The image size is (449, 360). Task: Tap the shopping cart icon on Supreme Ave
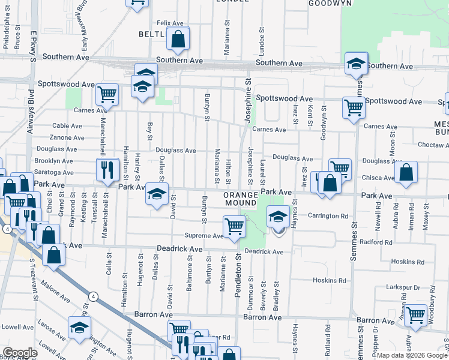click(234, 226)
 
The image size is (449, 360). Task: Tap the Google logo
click(20, 353)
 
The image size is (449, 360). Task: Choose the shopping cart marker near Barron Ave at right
click(415, 314)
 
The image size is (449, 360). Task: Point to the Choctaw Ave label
click(433, 145)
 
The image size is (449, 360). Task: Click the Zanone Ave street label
click(67, 137)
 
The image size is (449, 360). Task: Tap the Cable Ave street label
click(67, 125)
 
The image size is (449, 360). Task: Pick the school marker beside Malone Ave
click(79, 328)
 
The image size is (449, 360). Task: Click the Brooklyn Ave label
click(53, 161)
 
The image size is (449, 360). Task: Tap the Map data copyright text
click(412, 355)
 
